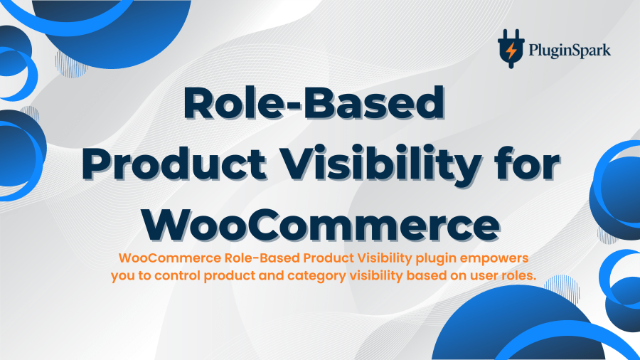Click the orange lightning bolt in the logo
tap(511, 51)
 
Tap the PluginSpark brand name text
tap(570, 51)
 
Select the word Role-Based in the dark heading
tap(314, 102)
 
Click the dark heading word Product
tap(174, 164)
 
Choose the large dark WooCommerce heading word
tap(321, 225)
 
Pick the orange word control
tap(178, 275)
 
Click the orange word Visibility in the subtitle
tap(385, 259)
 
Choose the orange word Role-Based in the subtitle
tap(262, 258)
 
